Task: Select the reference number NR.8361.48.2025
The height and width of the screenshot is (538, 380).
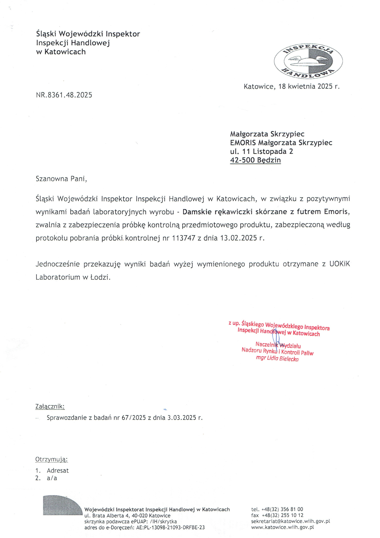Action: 64,95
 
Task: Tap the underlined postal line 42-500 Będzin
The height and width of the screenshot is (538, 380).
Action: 255,160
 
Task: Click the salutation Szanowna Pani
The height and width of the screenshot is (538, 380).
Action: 61,179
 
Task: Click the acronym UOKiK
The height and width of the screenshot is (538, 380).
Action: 340,264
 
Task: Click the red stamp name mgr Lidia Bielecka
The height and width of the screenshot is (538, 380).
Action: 277,359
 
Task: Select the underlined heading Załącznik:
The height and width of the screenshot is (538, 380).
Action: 50,406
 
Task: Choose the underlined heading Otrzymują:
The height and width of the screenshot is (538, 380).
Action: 51,459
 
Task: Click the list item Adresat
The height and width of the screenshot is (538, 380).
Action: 58,471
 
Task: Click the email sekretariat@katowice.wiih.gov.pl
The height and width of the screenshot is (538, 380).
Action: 291,521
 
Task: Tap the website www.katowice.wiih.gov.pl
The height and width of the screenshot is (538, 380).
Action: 282,527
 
